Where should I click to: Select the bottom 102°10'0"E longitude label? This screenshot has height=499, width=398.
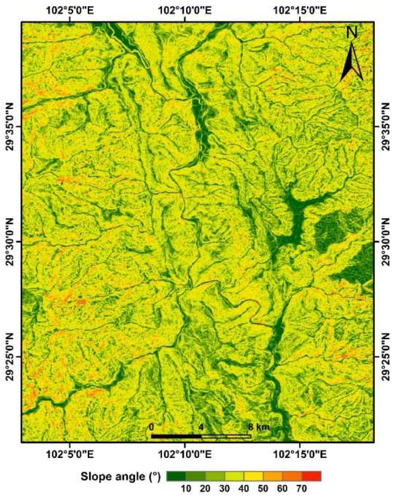point(185,454)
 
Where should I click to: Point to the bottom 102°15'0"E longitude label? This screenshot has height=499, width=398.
point(300,454)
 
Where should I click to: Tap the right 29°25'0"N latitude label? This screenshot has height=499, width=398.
point(386,357)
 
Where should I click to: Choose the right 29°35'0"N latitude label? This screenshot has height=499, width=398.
point(386,127)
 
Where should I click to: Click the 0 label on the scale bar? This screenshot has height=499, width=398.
point(151,427)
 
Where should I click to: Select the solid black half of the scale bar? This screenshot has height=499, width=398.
point(176,436)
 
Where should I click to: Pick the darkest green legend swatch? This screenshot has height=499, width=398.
point(176,476)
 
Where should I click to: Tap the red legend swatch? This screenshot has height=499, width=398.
point(312,476)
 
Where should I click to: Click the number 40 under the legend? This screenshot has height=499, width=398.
point(243,489)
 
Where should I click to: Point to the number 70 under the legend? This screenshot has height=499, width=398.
point(301,489)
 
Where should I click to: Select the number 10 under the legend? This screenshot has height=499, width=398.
point(186,489)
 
